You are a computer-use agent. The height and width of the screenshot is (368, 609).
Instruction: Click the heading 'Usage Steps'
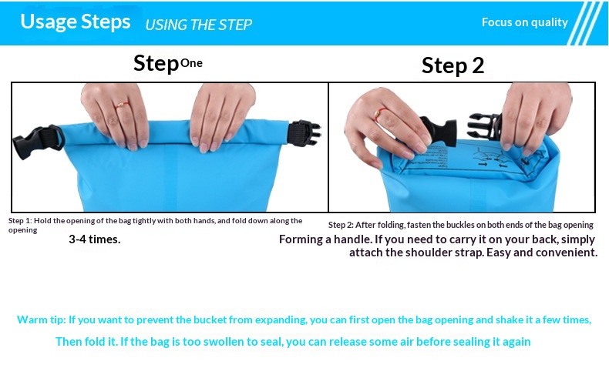click(x=76, y=22)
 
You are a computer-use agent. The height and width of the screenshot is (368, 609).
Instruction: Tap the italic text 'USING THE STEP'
click(x=198, y=25)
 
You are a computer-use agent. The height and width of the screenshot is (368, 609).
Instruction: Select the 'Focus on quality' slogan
click(x=525, y=22)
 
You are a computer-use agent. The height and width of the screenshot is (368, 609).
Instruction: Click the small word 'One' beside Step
click(x=191, y=63)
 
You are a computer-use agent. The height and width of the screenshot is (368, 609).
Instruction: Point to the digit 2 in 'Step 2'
click(x=478, y=65)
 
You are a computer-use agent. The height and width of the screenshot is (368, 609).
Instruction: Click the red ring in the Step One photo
click(x=122, y=105)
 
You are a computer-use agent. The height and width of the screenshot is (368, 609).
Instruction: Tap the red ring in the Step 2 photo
click(x=379, y=114)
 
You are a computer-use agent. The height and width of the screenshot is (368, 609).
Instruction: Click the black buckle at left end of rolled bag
click(x=38, y=141)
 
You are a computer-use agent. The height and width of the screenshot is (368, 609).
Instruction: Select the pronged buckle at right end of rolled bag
click(x=304, y=133)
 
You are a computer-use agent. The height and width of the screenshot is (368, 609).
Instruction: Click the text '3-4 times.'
click(x=94, y=239)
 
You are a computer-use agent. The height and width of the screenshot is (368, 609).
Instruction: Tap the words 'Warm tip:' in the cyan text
click(x=41, y=320)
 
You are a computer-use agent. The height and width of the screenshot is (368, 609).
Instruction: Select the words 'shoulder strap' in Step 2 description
click(x=442, y=253)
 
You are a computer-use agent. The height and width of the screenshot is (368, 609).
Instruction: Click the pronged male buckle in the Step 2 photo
click(x=484, y=125)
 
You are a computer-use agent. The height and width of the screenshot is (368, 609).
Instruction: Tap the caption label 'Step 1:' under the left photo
click(x=20, y=221)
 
